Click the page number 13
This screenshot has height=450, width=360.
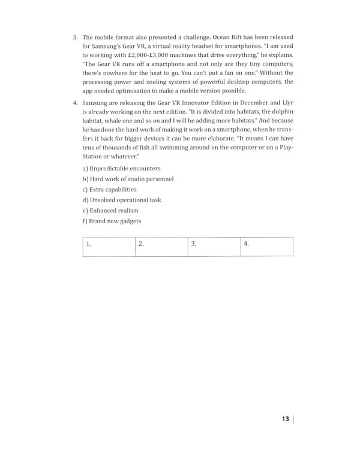point(285,418)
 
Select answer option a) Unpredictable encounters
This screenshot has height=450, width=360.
point(121,169)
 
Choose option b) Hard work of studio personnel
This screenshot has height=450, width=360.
point(128,179)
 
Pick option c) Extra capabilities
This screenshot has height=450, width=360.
point(109,190)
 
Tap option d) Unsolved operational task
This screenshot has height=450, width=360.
point(121,200)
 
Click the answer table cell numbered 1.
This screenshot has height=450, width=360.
point(108,246)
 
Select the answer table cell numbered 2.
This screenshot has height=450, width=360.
point(161,246)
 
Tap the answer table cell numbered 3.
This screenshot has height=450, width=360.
point(214,246)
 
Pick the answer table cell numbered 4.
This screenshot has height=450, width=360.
point(266,246)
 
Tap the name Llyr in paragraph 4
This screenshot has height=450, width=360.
point(287,104)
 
